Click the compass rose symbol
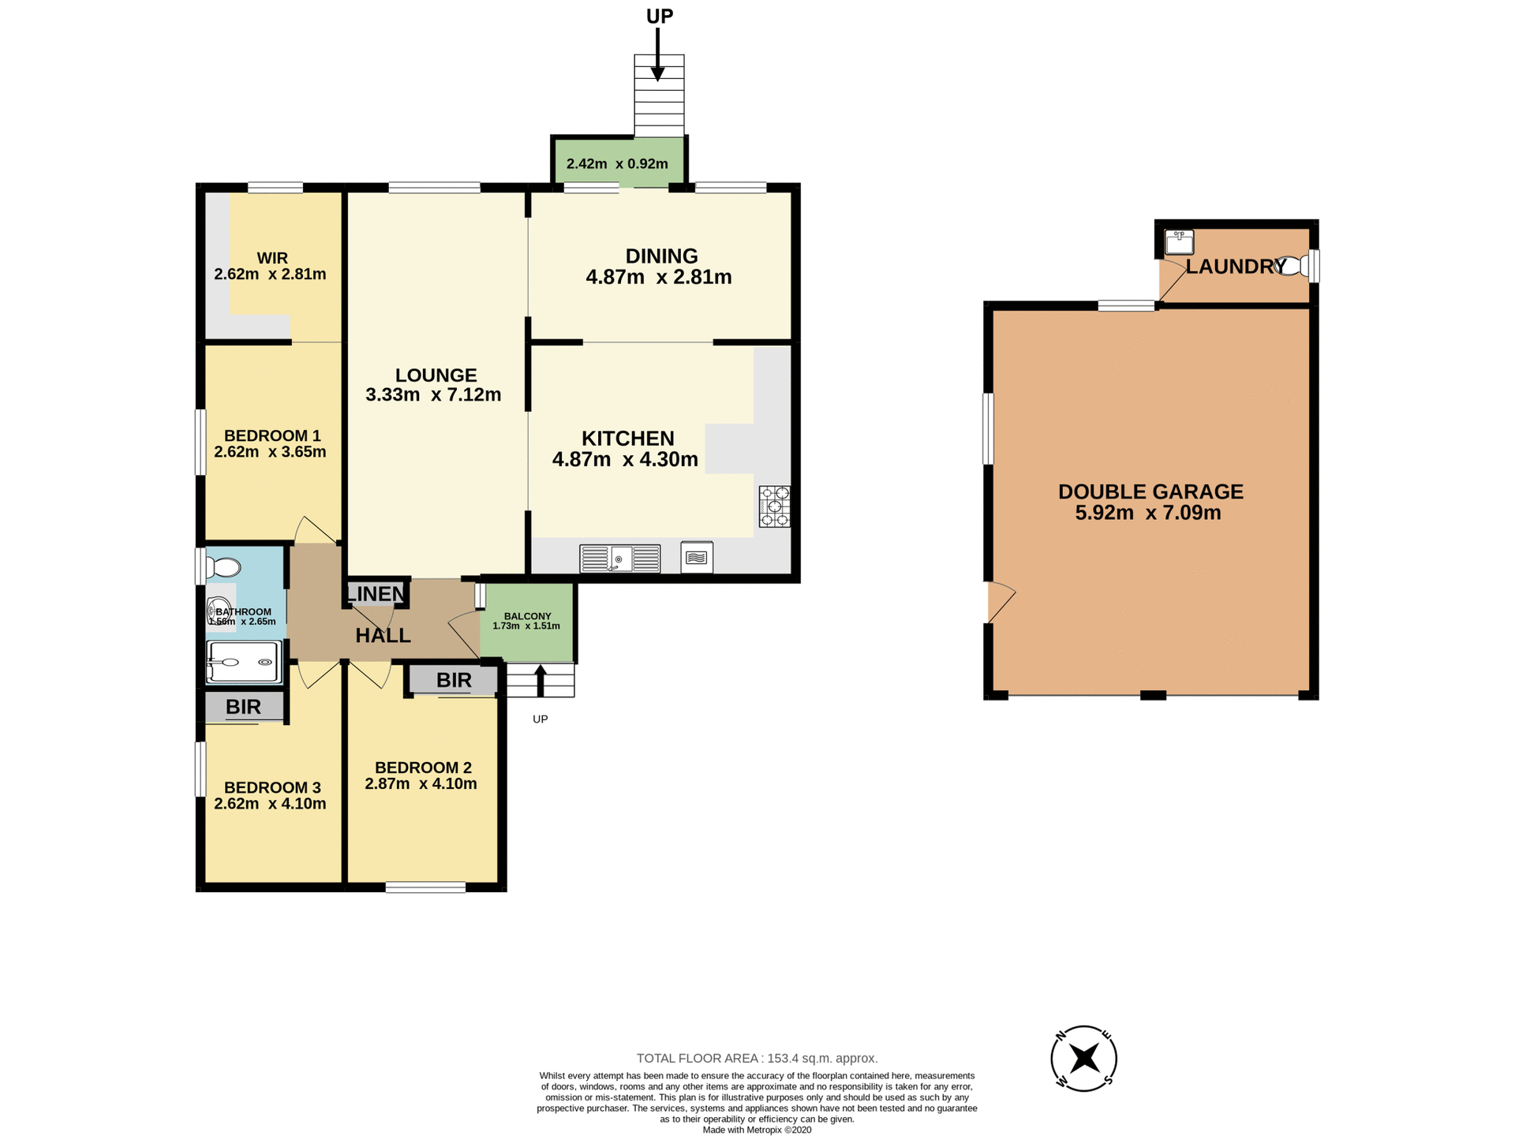click(1084, 1059)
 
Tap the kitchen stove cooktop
click(774, 506)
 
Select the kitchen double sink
click(619, 559)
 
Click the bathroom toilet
click(224, 567)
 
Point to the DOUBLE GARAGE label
click(1150, 491)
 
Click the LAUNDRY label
click(1235, 267)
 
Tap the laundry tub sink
click(1179, 241)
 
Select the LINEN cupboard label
click(376, 593)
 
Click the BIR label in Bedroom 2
click(454, 680)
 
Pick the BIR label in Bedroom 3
click(243, 707)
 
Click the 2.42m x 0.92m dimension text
click(617, 164)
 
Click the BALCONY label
click(527, 616)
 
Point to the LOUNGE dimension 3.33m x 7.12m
click(433, 394)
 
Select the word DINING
click(661, 256)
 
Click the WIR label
click(272, 258)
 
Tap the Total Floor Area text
click(757, 1059)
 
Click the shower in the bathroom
click(243, 662)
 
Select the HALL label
click(383, 635)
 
